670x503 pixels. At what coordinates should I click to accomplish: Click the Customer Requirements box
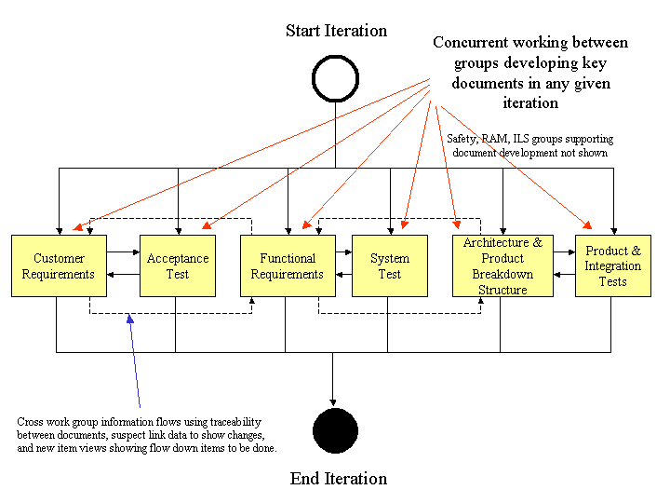[x=59, y=266]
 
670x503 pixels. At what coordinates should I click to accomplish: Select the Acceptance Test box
[x=178, y=266]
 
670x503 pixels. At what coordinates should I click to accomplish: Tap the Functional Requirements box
[x=288, y=266]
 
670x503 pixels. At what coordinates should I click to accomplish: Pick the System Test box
[x=390, y=266]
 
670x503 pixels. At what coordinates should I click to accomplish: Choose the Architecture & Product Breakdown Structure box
[x=502, y=266]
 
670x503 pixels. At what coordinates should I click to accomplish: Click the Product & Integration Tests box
[x=612, y=266]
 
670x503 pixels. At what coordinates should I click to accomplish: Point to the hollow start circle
[x=335, y=78]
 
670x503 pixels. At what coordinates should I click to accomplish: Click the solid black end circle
[x=335, y=431]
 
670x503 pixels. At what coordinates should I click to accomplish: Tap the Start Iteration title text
[x=336, y=31]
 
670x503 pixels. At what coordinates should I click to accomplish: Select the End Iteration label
[x=339, y=479]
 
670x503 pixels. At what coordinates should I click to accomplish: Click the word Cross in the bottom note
[x=30, y=422]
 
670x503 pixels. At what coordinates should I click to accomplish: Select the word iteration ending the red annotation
[x=530, y=102]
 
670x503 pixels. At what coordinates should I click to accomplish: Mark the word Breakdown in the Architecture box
[x=502, y=274]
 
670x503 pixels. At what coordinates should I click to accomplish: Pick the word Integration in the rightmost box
[x=612, y=266]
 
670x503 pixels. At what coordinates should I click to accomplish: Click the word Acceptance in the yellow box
[x=178, y=259]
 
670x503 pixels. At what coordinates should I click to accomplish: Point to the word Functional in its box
[x=288, y=259]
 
